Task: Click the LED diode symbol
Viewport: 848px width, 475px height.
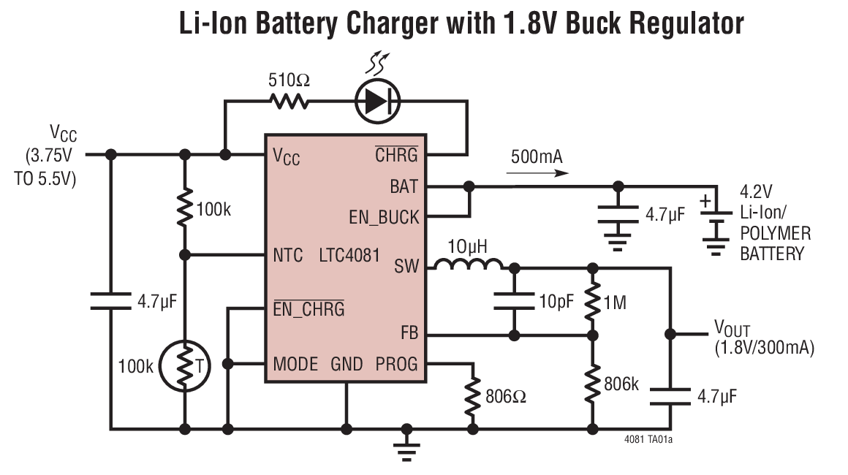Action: click(x=377, y=101)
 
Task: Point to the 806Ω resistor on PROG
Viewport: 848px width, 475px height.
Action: click(x=472, y=396)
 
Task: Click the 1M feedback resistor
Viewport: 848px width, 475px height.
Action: click(x=593, y=302)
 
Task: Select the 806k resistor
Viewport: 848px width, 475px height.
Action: click(x=593, y=382)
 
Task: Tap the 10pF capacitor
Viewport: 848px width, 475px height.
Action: click(x=514, y=301)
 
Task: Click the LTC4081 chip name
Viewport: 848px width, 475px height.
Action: click(x=349, y=256)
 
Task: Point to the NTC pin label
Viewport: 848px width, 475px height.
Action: click(x=287, y=256)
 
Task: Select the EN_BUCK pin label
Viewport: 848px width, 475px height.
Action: click(x=384, y=217)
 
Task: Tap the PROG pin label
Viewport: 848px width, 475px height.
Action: click(x=396, y=363)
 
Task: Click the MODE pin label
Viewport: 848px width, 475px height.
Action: click(x=295, y=363)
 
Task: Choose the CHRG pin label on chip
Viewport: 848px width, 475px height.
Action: click(x=396, y=155)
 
